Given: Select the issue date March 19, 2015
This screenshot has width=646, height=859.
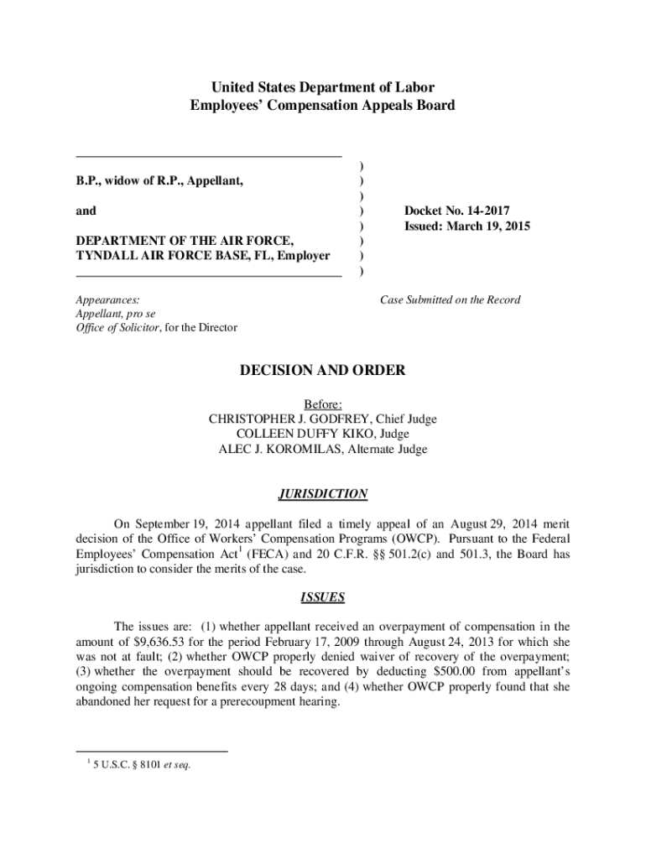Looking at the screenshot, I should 491,226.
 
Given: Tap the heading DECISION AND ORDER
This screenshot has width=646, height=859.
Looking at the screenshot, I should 323,370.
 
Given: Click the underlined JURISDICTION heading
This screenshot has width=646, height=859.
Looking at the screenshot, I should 323,494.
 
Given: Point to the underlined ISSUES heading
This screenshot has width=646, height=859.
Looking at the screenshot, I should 323,598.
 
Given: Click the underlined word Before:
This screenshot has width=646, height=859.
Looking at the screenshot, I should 323,403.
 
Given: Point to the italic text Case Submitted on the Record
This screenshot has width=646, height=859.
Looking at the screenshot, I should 450,299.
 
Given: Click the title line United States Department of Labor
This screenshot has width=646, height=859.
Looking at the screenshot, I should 323,87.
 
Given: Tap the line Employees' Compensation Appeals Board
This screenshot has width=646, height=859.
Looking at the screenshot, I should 323,106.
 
